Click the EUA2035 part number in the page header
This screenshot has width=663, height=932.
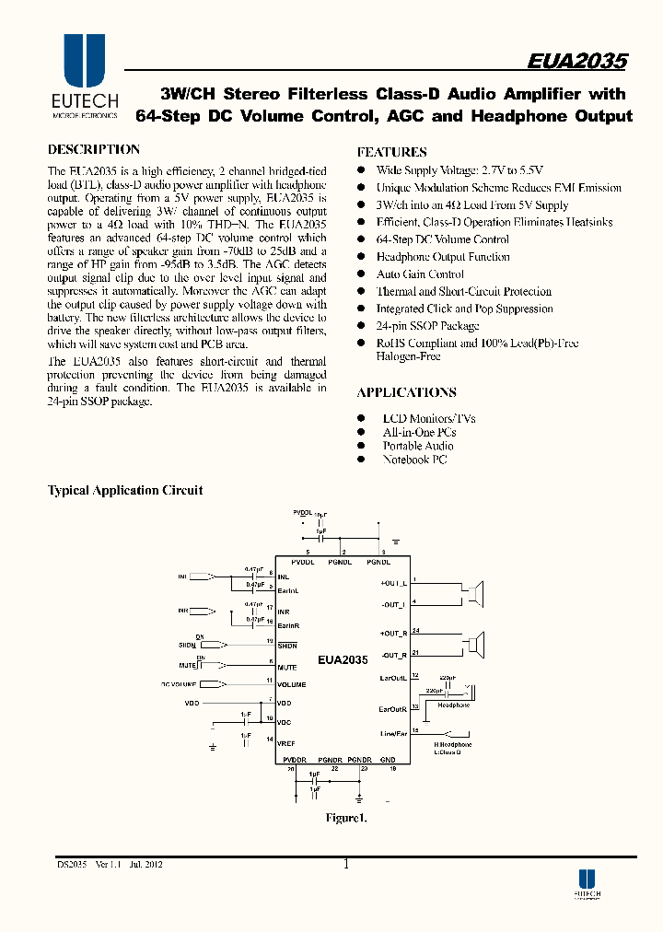pyautogui.click(x=577, y=62)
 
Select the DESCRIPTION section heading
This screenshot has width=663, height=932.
pyautogui.click(x=93, y=149)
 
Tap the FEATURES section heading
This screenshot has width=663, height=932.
pyautogui.click(x=391, y=152)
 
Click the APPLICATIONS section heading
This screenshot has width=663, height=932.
pyautogui.click(x=406, y=392)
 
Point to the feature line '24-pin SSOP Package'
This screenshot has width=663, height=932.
pyautogui.click(x=427, y=326)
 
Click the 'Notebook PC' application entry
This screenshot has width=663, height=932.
pyautogui.click(x=414, y=460)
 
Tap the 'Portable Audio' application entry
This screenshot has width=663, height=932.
pyautogui.click(x=418, y=446)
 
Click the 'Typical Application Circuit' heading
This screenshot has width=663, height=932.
pyautogui.click(x=125, y=491)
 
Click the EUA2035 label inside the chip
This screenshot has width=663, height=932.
pyautogui.click(x=343, y=660)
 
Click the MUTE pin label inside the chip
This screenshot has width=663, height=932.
pyautogui.click(x=286, y=668)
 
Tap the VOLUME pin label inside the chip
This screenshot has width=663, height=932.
pyautogui.click(x=291, y=685)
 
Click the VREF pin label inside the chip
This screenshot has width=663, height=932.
pyautogui.click(x=286, y=741)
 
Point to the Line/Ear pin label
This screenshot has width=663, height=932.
pyautogui.click(x=393, y=734)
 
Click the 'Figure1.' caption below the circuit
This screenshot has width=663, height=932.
pyautogui.click(x=346, y=818)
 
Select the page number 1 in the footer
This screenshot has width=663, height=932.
pyautogui.click(x=345, y=865)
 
